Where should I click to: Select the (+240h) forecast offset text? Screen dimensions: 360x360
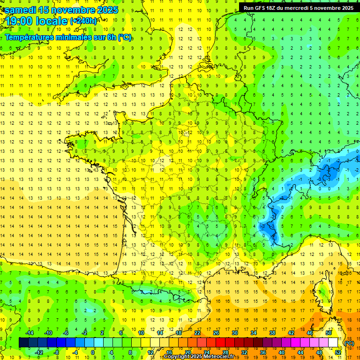(x=83, y=21)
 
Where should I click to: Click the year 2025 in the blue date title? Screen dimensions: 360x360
(x=108, y=10)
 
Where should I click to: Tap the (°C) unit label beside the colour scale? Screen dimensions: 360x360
(x=349, y=343)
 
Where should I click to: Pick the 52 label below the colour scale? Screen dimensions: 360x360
(x=338, y=352)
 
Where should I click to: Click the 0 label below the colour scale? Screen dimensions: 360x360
(x=92, y=352)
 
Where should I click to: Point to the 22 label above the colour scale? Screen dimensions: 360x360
(x=197, y=333)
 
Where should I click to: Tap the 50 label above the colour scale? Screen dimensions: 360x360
(x=329, y=333)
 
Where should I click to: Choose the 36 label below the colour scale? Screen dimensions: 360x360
(x=263, y=352)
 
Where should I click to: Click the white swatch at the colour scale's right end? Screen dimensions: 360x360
(x=333, y=343)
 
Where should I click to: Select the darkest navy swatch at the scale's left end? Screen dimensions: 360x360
(x=23, y=343)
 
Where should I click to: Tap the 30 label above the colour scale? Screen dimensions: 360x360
(x=235, y=333)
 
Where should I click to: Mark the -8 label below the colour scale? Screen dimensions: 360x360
(x=56, y=352)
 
